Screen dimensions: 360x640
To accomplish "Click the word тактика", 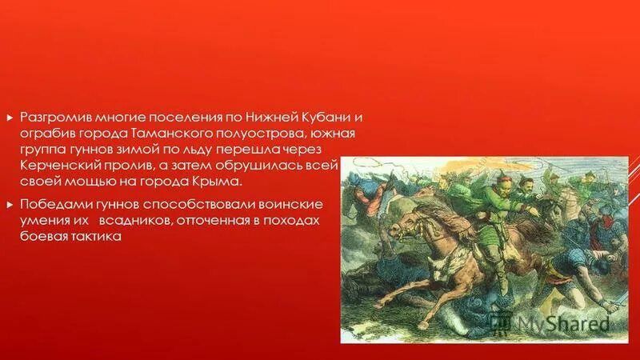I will click(x=96, y=236).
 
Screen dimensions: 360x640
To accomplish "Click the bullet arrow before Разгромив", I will click(x=10, y=117).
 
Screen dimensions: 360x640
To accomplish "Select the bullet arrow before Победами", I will click(x=10, y=204).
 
